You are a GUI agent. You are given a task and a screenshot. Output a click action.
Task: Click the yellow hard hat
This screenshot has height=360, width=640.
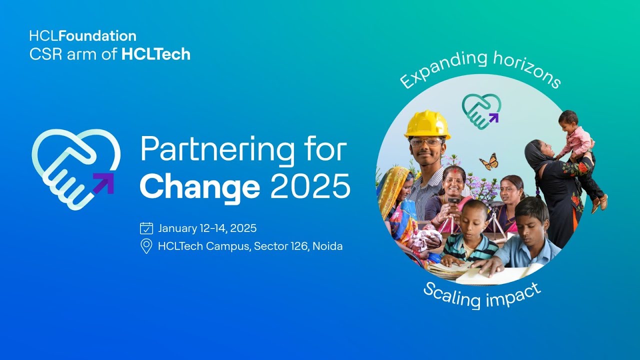(x=427, y=123)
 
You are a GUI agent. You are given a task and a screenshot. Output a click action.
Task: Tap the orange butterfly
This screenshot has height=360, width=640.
(x=489, y=161)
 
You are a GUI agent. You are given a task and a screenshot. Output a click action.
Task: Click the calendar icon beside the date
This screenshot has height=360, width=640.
(x=146, y=228)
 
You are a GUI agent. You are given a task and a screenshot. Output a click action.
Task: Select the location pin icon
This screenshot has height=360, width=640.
(x=146, y=246)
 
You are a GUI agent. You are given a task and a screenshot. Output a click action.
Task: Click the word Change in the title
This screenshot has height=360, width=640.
(x=200, y=186)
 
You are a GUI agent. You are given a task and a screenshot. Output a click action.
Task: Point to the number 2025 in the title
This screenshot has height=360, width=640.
(x=310, y=186)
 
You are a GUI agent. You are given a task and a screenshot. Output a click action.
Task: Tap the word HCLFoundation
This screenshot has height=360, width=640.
(x=82, y=36)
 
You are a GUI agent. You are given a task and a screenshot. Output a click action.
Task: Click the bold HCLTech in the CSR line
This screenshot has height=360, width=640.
(x=156, y=54)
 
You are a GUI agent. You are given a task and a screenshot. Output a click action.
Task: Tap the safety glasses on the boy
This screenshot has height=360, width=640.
(x=426, y=142)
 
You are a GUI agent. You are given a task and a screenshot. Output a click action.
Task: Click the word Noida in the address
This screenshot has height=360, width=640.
(x=327, y=246)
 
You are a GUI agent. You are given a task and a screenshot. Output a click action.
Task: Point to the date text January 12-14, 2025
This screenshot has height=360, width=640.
(x=207, y=228)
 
